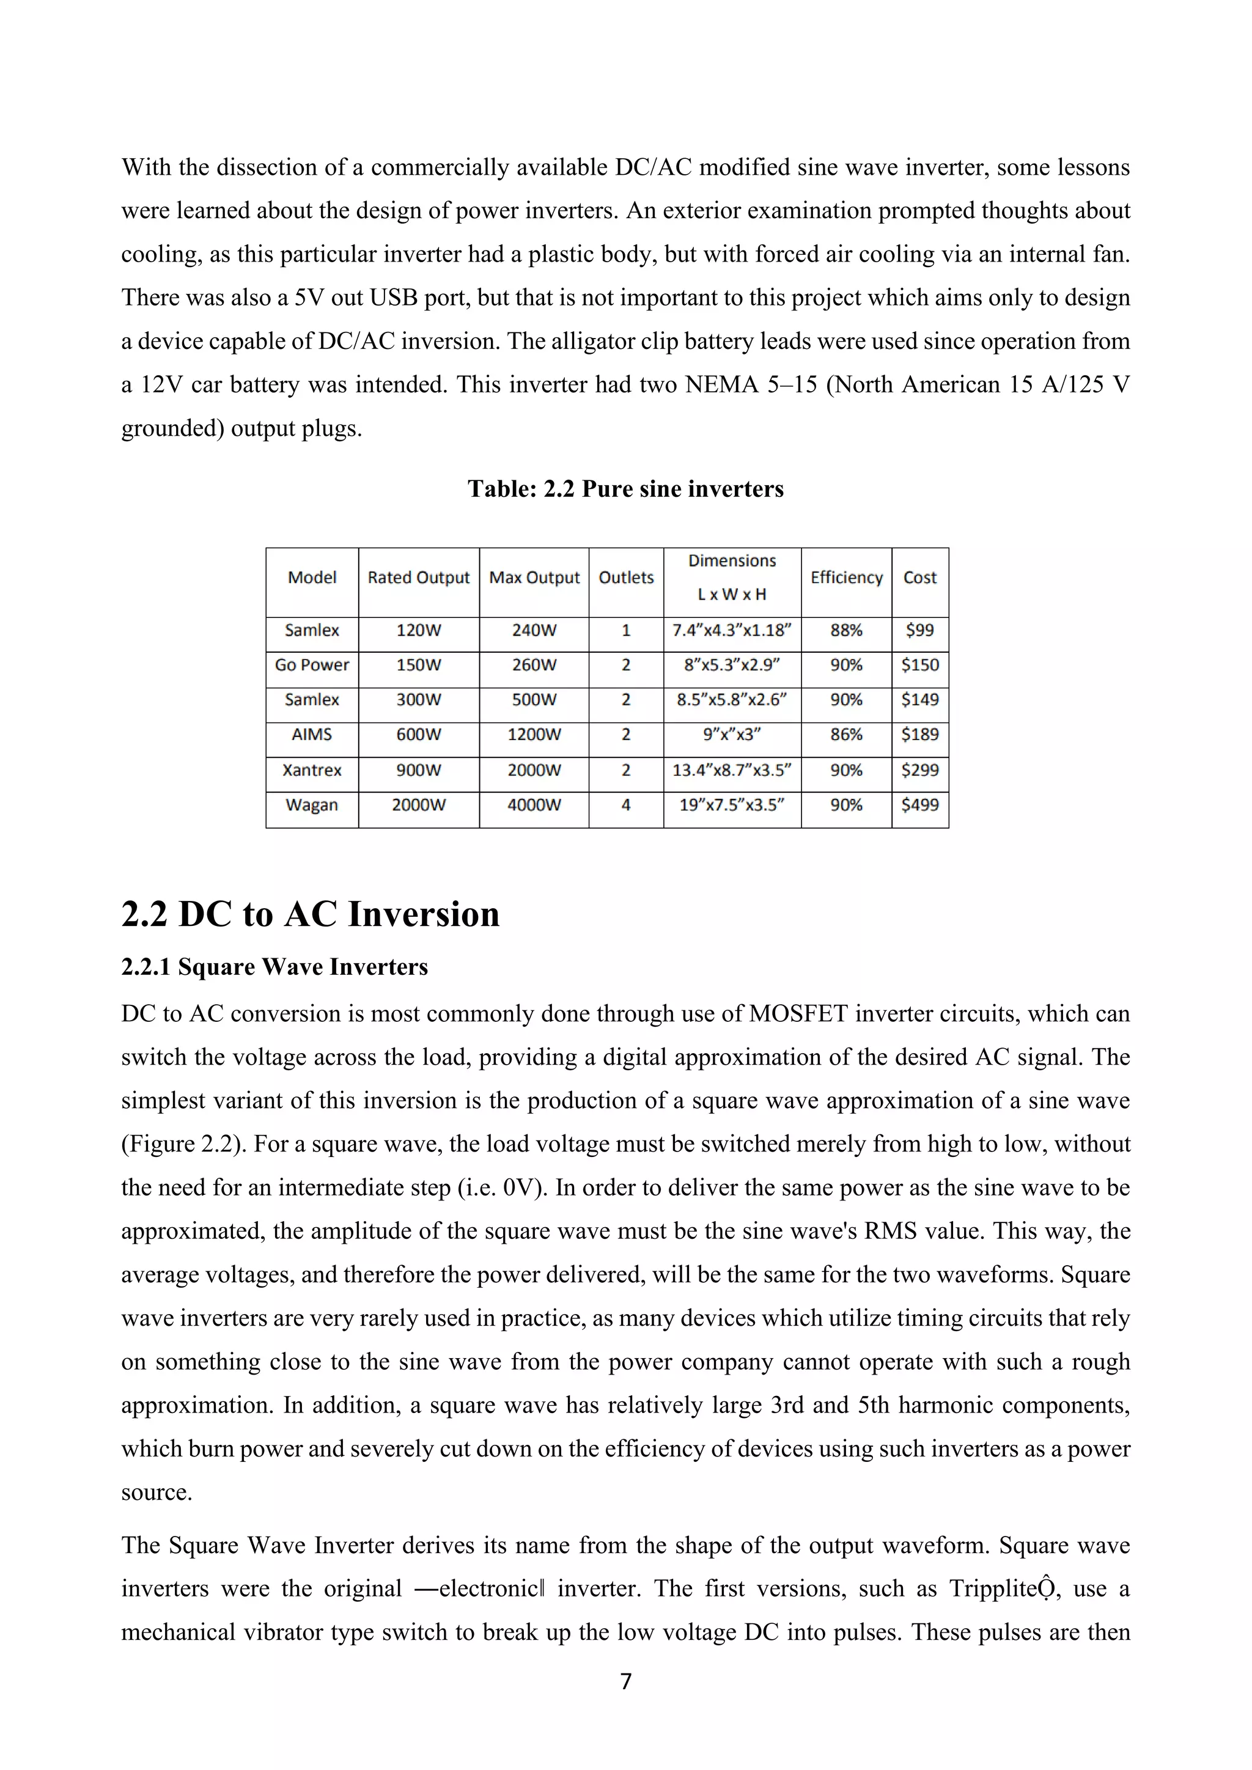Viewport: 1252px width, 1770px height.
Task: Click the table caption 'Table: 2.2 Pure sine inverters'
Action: click(x=625, y=489)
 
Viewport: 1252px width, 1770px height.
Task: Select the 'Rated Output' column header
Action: click(x=418, y=578)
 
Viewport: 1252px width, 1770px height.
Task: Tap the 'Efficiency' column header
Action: click(x=845, y=578)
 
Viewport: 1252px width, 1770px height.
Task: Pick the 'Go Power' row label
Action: click(x=311, y=664)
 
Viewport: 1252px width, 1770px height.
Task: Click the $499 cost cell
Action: click(x=919, y=805)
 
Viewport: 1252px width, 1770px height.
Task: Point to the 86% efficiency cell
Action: click(x=845, y=735)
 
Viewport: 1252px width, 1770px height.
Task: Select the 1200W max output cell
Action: click(x=534, y=735)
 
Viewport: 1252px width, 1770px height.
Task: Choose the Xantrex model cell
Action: click(x=311, y=770)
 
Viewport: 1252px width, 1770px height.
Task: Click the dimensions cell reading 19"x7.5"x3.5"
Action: click(x=732, y=805)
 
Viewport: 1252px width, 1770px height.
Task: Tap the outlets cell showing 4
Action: click(x=625, y=805)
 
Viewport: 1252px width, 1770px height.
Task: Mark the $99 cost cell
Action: click(x=919, y=630)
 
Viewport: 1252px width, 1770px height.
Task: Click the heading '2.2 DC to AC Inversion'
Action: click(x=310, y=914)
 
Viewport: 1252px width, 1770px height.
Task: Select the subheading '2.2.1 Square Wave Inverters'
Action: click(x=274, y=967)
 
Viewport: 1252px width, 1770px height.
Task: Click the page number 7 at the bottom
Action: click(x=625, y=1681)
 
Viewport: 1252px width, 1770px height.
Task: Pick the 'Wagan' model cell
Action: click(x=311, y=805)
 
